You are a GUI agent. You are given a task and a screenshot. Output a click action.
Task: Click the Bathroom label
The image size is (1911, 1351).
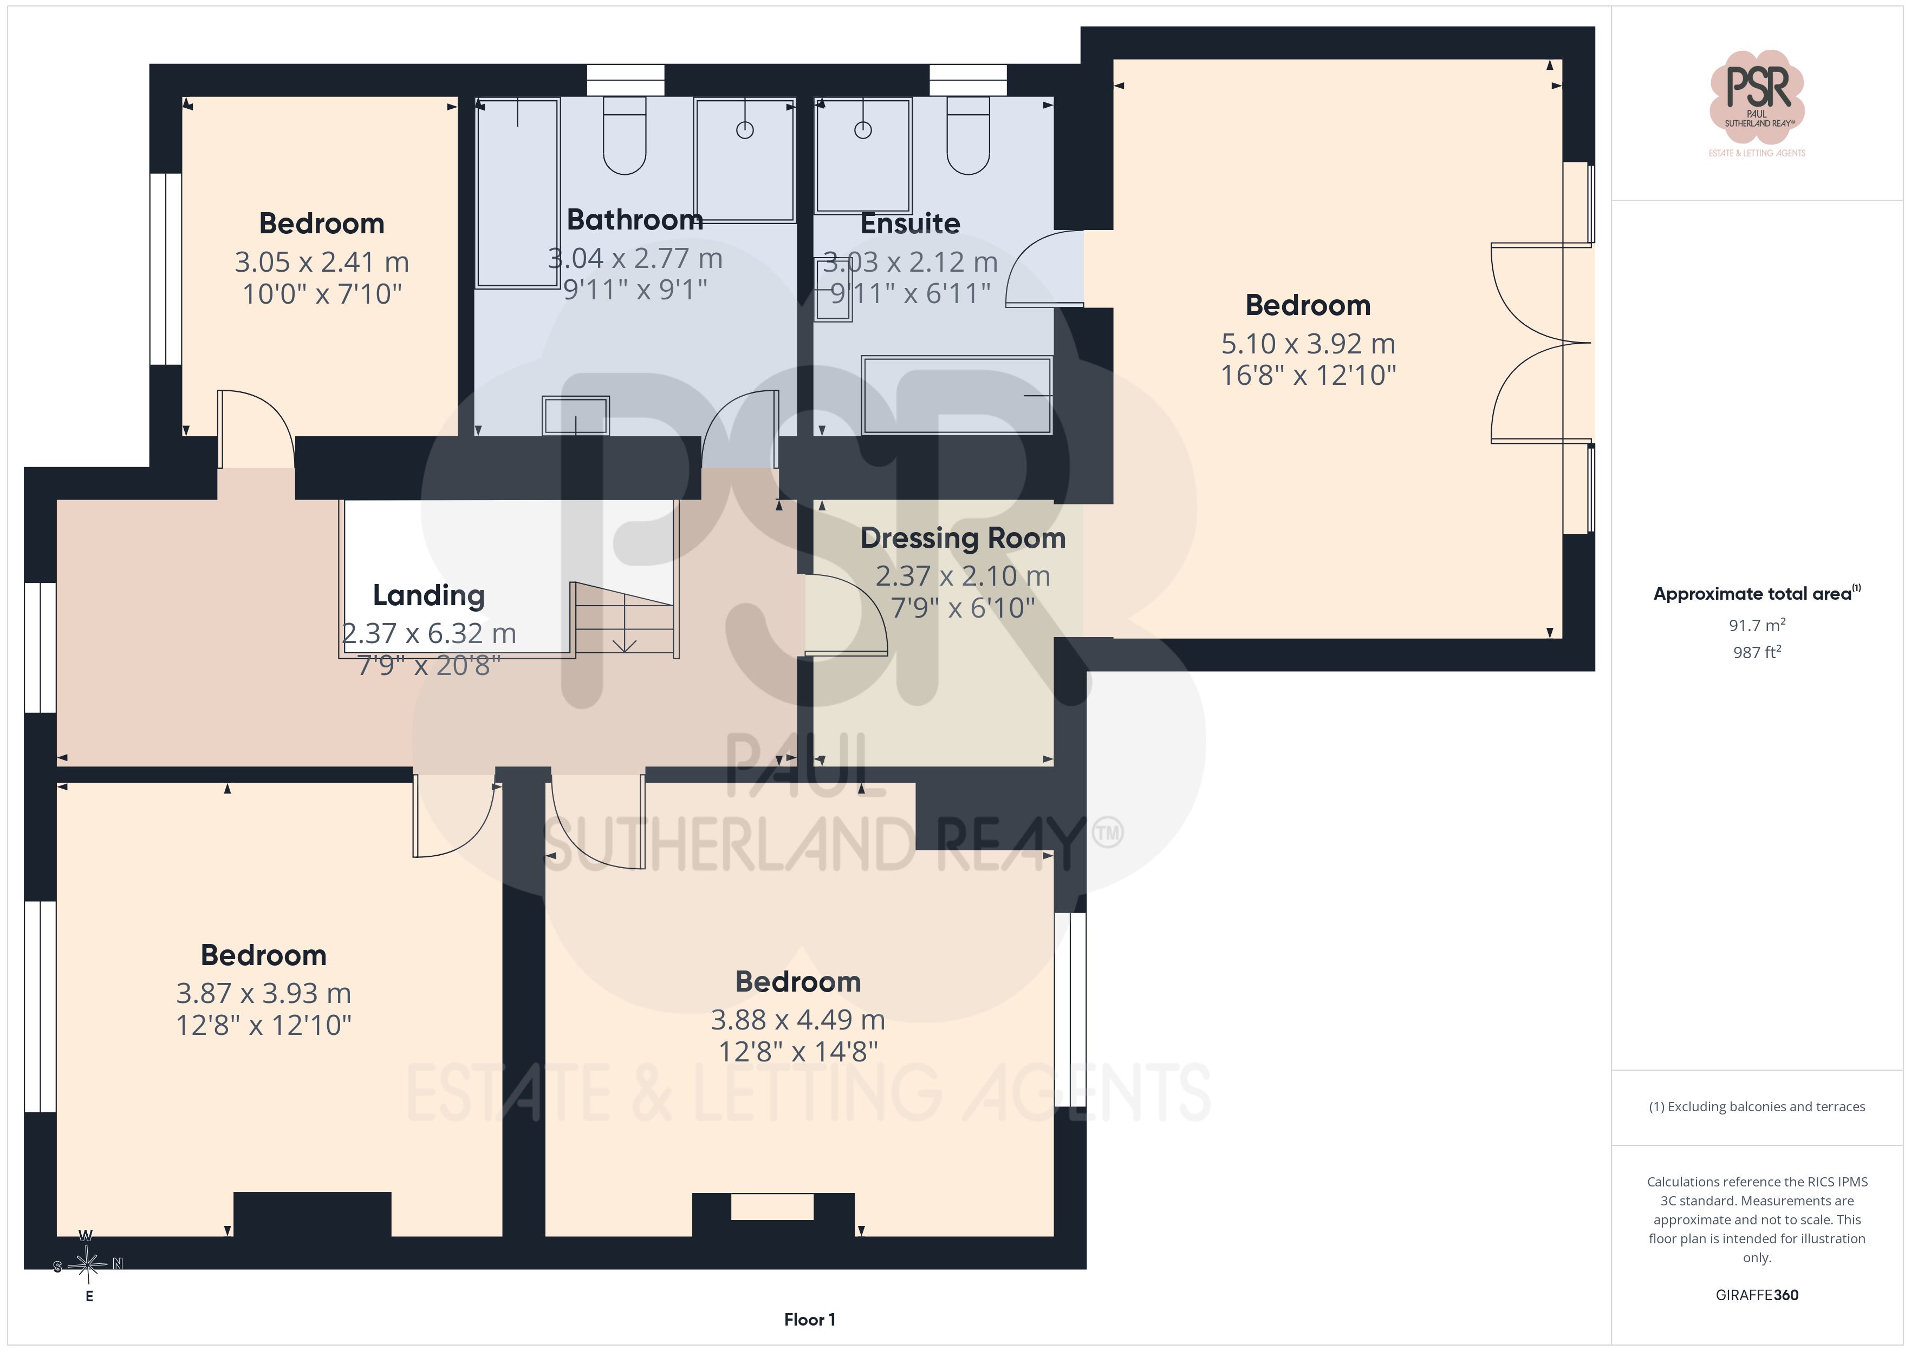click(x=634, y=220)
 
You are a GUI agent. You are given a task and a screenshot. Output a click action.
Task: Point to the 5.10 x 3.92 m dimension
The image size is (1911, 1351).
click(x=1308, y=344)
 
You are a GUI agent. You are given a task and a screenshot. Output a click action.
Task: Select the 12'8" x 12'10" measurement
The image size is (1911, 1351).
click(x=264, y=1025)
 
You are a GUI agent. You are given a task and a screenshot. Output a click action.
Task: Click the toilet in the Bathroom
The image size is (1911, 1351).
click(x=624, y=136)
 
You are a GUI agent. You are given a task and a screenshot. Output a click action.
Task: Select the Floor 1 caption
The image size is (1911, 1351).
click(x=809, y=1320)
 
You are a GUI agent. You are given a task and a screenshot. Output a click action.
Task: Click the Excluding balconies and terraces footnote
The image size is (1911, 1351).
click(x=1756, y=1106)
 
